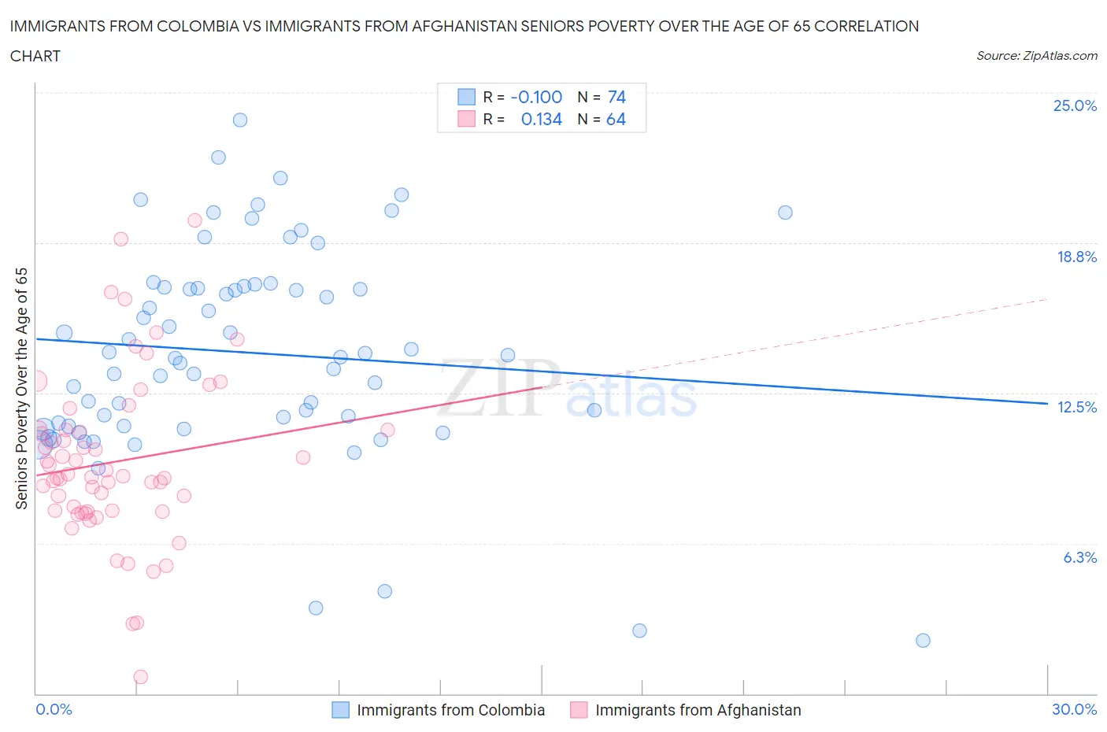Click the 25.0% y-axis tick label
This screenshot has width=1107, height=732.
click(1075, 105)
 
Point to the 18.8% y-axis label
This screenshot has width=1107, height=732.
click(1076, 257)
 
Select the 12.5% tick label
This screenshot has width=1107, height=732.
click(1076, 407)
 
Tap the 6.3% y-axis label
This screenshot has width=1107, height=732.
click(1079, 557)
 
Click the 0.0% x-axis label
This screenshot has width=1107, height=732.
click(54, 709)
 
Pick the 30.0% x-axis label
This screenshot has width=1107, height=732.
click(1074, 709)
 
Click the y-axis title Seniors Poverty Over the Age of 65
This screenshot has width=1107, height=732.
click(21, 389)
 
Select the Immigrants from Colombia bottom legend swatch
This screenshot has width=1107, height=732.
click(340, 710)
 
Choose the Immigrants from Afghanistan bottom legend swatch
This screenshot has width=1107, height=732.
click(579, 710)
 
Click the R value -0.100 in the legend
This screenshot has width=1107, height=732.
click(536, 97)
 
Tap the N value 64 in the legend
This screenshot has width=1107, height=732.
click(616, 119)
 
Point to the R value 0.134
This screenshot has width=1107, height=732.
click(541, 119)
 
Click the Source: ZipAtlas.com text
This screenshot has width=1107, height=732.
click(1036, 55)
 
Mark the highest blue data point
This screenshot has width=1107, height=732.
click(240, 120)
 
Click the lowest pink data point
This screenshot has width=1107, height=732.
click(141, 677)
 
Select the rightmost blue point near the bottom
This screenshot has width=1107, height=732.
click(923, 641)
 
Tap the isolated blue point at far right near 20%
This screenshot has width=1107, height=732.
click(785, 213)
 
